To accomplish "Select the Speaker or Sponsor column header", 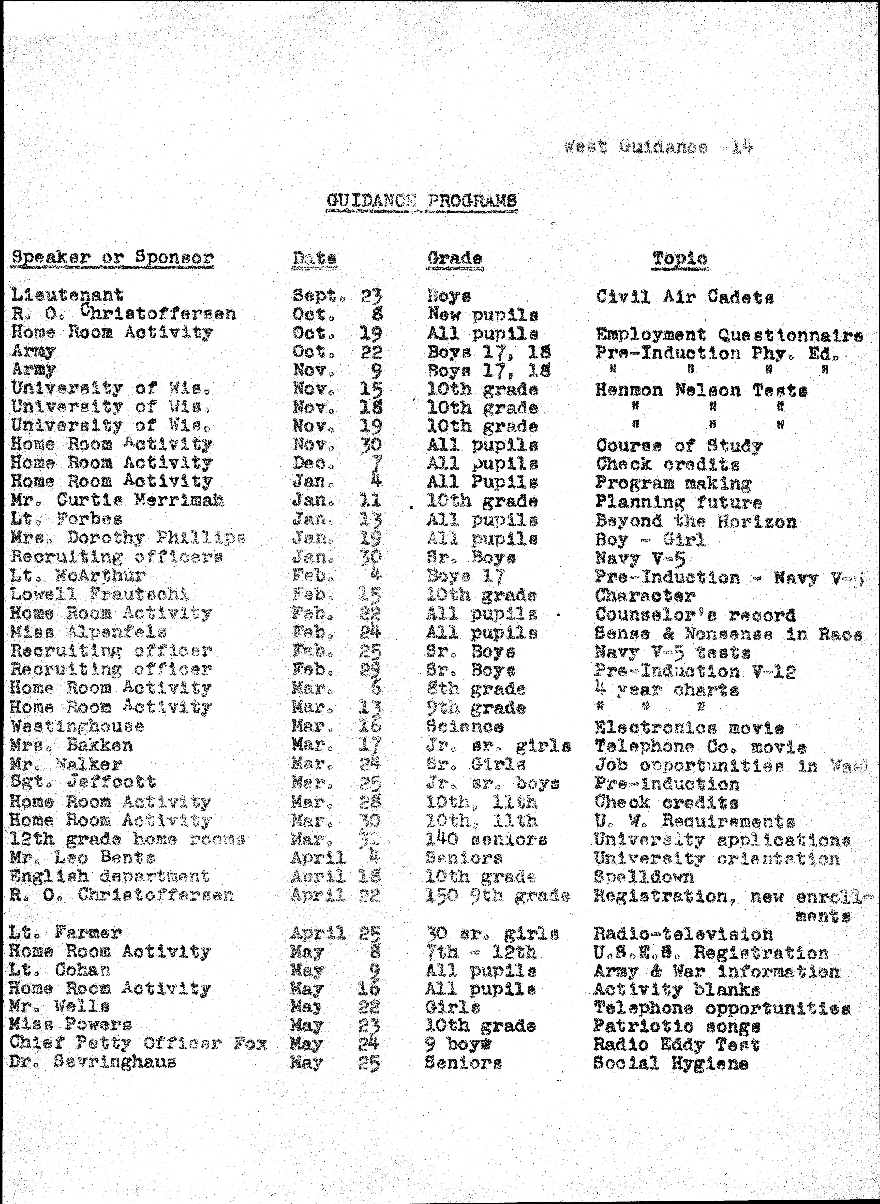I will pyautogui.click(x=112, y=258).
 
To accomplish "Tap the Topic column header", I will pyautogui.click(x=680, y=259).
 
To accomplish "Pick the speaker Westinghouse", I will pyautogui.click(x=77, y=726).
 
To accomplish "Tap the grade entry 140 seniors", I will pyautogui.click(x=486, y=840).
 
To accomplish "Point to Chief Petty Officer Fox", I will pyautogui.click(x=138, y=1043).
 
